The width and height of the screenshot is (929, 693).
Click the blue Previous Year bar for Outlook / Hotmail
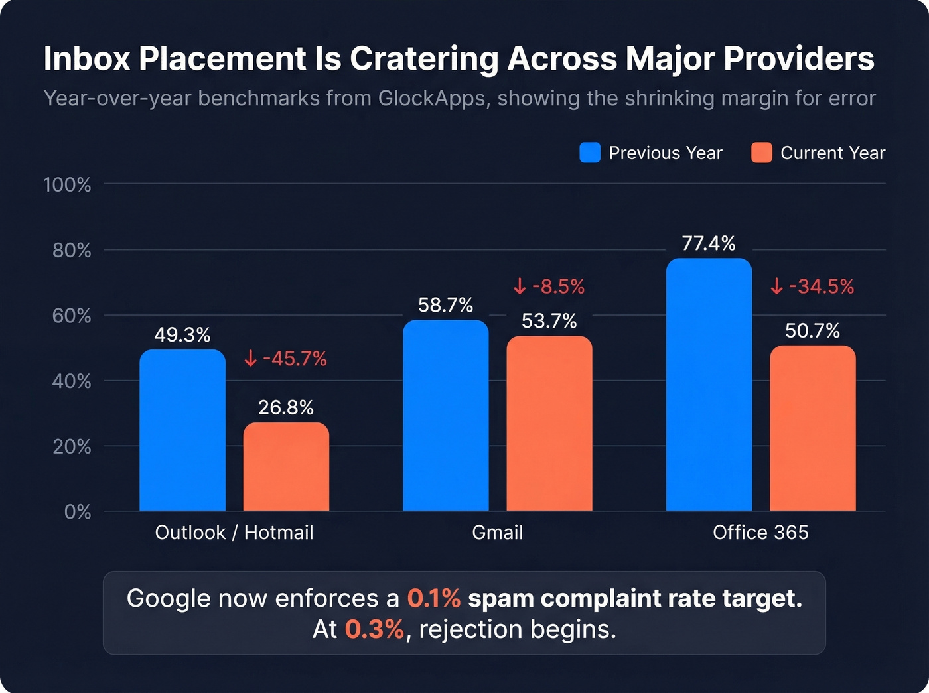click(182, 431)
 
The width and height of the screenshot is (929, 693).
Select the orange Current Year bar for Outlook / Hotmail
click(286, 468)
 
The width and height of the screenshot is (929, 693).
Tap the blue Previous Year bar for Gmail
click(445, 416)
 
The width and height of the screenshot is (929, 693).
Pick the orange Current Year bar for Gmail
click(549, 424)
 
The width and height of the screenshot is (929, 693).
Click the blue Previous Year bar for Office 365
click(709, 385)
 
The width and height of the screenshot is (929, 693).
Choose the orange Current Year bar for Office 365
click(813, 428)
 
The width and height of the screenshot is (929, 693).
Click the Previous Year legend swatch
click(590, 153)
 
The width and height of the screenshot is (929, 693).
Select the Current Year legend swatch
click(762, 153)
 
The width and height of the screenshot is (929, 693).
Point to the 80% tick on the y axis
click(72, 251)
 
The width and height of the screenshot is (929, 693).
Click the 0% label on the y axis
click(78, 512)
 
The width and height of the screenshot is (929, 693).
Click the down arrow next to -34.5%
click(777, 286)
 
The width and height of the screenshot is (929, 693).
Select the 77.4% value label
click(709, 243)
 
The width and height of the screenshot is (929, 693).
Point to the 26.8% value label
click(286, 407)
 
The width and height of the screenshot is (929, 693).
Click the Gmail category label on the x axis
click(498, 533)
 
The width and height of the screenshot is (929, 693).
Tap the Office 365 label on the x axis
click(760, 533)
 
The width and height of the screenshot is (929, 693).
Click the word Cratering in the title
click(424, 59)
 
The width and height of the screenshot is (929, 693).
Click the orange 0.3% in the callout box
click(374, 629)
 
